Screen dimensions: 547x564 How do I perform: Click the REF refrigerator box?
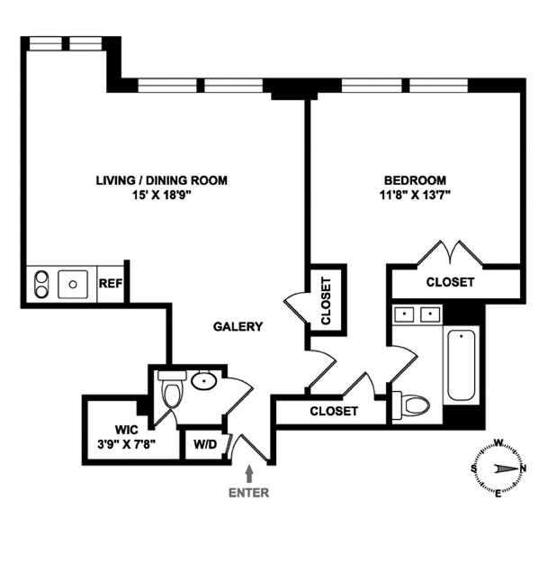[x=110, y=283]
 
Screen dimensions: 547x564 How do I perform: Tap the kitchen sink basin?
[x=73, y=285]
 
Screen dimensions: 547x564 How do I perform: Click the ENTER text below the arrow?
[x=249, y=493]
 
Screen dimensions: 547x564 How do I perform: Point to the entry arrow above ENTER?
[x=249, y=473]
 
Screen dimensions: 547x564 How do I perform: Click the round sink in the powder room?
[x=204, y=382]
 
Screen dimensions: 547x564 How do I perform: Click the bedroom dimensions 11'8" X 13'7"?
[x=415, y=194]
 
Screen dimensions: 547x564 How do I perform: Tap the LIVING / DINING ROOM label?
[x=162, y=180]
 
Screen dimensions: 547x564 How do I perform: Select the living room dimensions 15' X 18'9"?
[x=162, y=194]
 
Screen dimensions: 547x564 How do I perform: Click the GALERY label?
[x=238, y=327]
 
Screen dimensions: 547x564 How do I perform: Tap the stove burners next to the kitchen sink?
[x=40, y=285]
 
